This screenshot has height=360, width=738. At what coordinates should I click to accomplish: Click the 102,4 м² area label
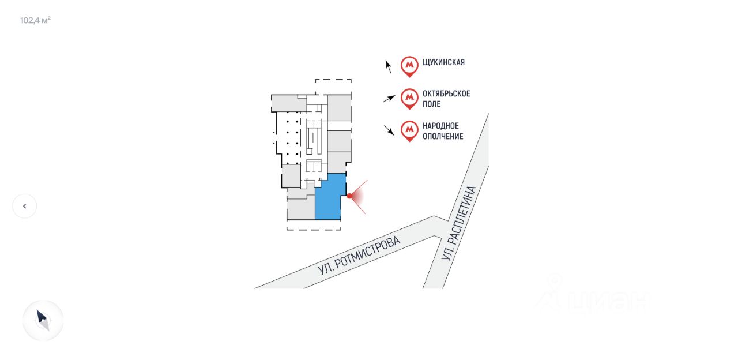(x=35, y=21)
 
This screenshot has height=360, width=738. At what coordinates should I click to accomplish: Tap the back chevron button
(x=24, y=206)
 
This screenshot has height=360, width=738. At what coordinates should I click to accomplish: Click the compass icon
(x=43, y=320)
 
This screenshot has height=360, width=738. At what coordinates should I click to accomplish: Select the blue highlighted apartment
(x=329, y=197)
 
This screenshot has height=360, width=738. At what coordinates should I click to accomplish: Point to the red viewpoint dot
(x=349, y=196)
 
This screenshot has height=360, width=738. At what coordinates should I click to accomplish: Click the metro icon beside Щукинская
(x=409, y=66)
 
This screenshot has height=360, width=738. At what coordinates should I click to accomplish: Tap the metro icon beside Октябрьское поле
(x=409, y=99)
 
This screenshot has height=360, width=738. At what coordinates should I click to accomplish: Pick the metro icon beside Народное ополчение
(x=409, y=131)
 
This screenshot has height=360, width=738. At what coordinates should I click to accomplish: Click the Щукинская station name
(x=443, y=62)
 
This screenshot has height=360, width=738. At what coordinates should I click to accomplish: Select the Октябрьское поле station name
(x=446, y=99)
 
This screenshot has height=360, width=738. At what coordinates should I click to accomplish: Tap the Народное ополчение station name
(x=442, y=131)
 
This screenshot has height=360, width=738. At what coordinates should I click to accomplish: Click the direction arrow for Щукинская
(x=389, y=66)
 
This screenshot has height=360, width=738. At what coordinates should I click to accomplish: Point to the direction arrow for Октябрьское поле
(x=389, y=99)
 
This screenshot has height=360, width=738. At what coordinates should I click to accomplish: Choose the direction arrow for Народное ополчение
(x=389, y=130)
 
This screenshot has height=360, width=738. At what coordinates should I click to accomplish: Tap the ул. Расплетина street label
(x=460, y=223)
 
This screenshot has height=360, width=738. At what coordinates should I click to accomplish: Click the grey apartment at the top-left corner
(x=289, y=103)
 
